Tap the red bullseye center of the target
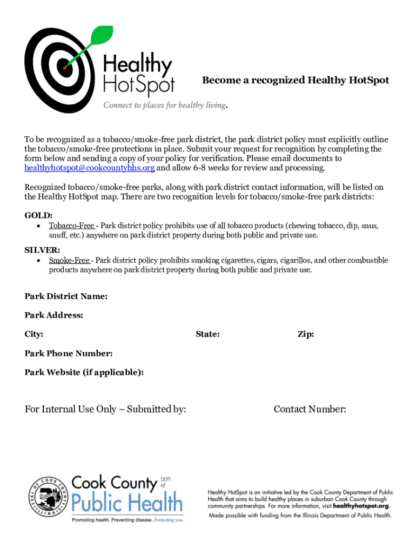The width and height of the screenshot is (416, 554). click(65, 68)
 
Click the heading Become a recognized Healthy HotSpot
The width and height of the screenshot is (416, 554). click(296, 81)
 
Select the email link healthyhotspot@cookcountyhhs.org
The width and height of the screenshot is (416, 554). click(90, 168)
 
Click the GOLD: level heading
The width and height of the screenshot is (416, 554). click(38, 215)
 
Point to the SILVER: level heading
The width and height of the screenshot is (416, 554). click(42, 250)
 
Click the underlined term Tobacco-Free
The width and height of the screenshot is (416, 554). click(71, 226)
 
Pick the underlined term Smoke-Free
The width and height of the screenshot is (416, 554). click(69, 260)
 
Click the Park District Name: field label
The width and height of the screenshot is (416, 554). click(66, 296)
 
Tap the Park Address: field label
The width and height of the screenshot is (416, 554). click(54, 315)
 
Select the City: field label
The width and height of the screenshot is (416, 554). click(34, 334)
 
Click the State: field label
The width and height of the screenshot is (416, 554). click(207, 334)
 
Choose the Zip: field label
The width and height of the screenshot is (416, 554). click(306, 334)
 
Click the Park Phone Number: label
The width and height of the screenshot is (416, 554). click(69, 354)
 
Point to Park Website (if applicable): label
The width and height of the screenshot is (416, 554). click(84, 372)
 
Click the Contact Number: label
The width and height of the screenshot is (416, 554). click(310, 410)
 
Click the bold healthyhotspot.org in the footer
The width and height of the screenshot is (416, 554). click(361, 506)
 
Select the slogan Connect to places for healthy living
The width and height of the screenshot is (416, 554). click(165, 105)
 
